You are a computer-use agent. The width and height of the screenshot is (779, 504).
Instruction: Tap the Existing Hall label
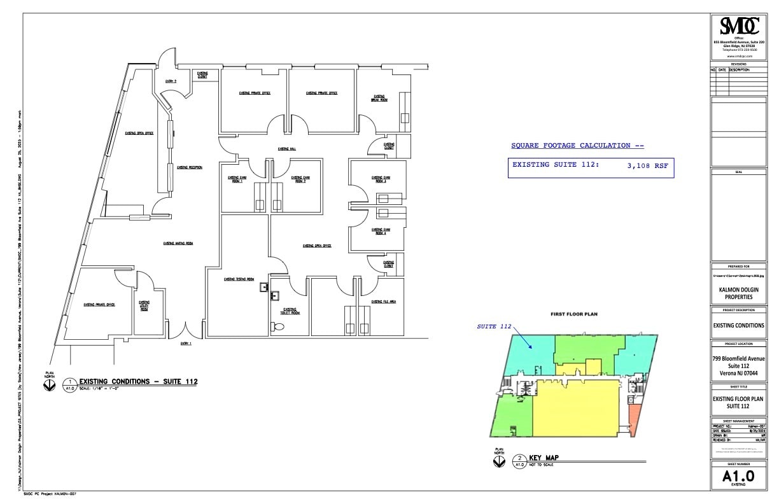(286, 149)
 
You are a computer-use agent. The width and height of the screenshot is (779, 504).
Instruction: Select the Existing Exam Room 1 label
(236, 179)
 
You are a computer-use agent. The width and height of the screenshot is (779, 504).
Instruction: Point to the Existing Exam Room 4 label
(381, 231)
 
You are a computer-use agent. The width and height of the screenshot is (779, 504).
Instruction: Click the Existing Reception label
(190, 167)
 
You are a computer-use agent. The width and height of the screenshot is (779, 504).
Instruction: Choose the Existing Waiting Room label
(178, 243)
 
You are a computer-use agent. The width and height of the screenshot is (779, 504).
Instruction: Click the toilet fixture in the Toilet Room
(277, 326)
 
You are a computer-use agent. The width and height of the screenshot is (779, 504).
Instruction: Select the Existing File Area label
(384, 302)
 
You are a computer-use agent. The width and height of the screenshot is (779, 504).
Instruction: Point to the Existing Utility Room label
(144, 305)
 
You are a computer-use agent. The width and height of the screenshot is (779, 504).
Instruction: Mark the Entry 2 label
(171, 81)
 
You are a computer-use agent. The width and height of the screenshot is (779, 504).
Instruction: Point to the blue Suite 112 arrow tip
(533, 347)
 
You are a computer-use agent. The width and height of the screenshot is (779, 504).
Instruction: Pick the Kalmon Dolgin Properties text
(738, 293)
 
